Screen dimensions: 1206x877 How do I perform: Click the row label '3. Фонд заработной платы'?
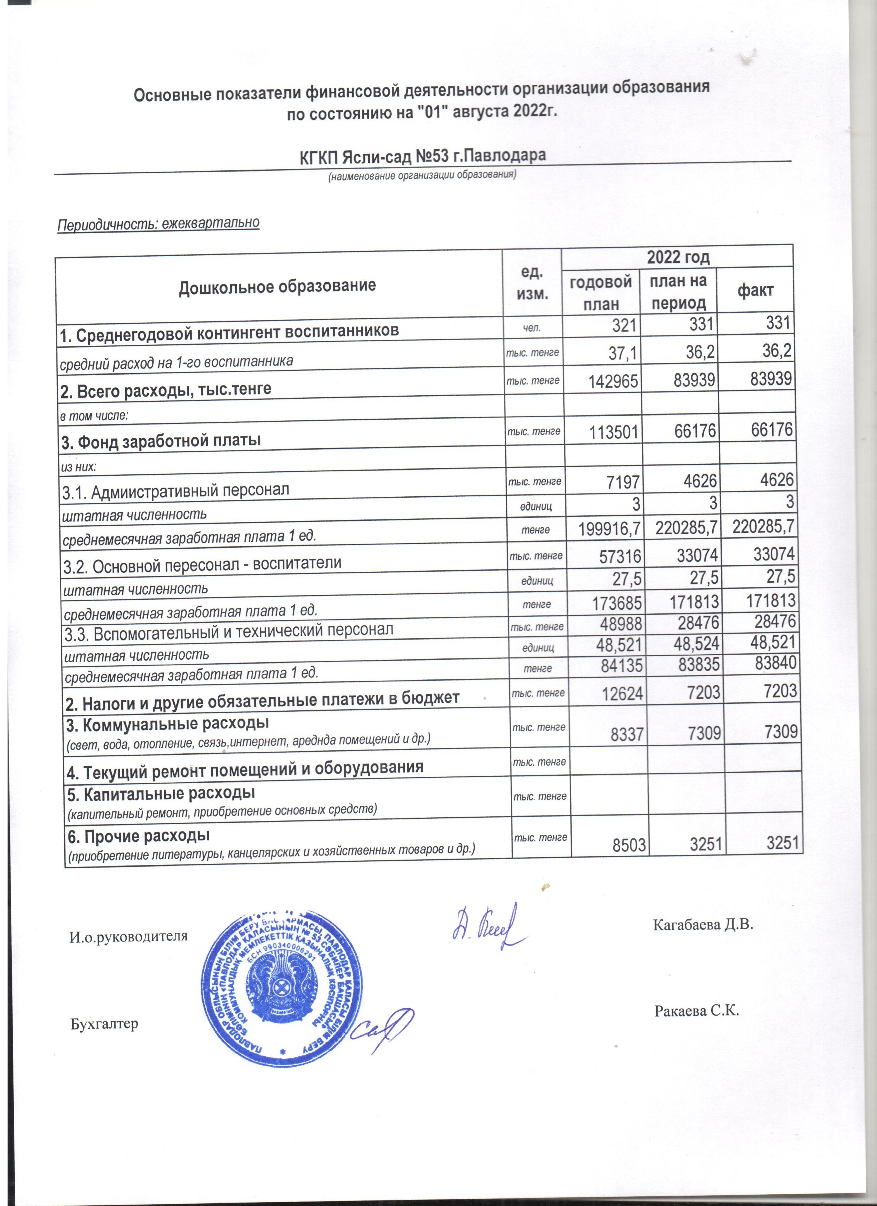161,440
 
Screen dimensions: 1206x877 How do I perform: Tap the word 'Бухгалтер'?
104,1024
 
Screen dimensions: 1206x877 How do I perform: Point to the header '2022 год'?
678,257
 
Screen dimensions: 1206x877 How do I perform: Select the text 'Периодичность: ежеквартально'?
159,223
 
